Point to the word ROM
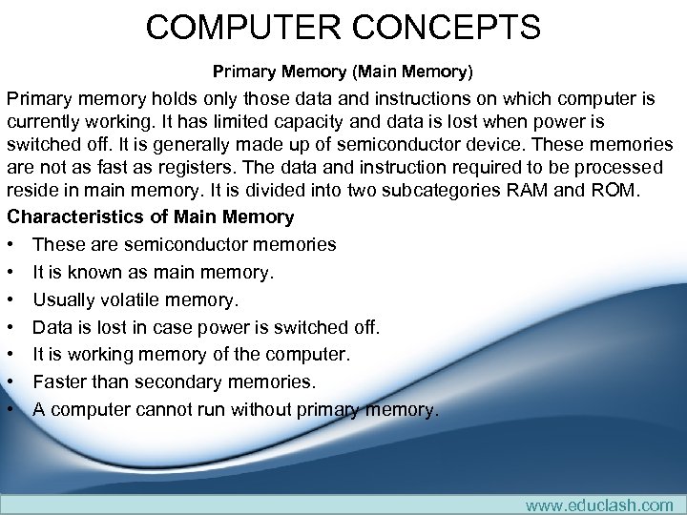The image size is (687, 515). (635, 190)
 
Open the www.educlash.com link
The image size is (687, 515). (598, 505)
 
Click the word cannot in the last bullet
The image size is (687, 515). (172, 410)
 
